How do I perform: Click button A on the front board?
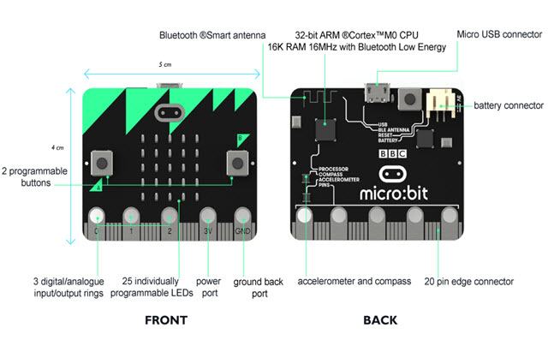tap(103, 160)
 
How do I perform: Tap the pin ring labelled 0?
tap(98, 216)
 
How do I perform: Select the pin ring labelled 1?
tap(132, 216)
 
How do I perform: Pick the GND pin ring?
tap(243, 216)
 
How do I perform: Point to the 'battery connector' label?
tap(508, 105)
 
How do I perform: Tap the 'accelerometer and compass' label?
tap(354, 281)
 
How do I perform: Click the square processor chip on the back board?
tap(325, 130)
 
